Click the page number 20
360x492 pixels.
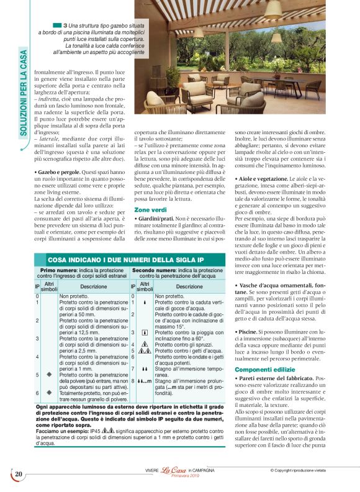pos(19,474)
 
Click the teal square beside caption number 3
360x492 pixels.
pos(57,25)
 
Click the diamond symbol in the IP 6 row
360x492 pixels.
pos(48,393)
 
